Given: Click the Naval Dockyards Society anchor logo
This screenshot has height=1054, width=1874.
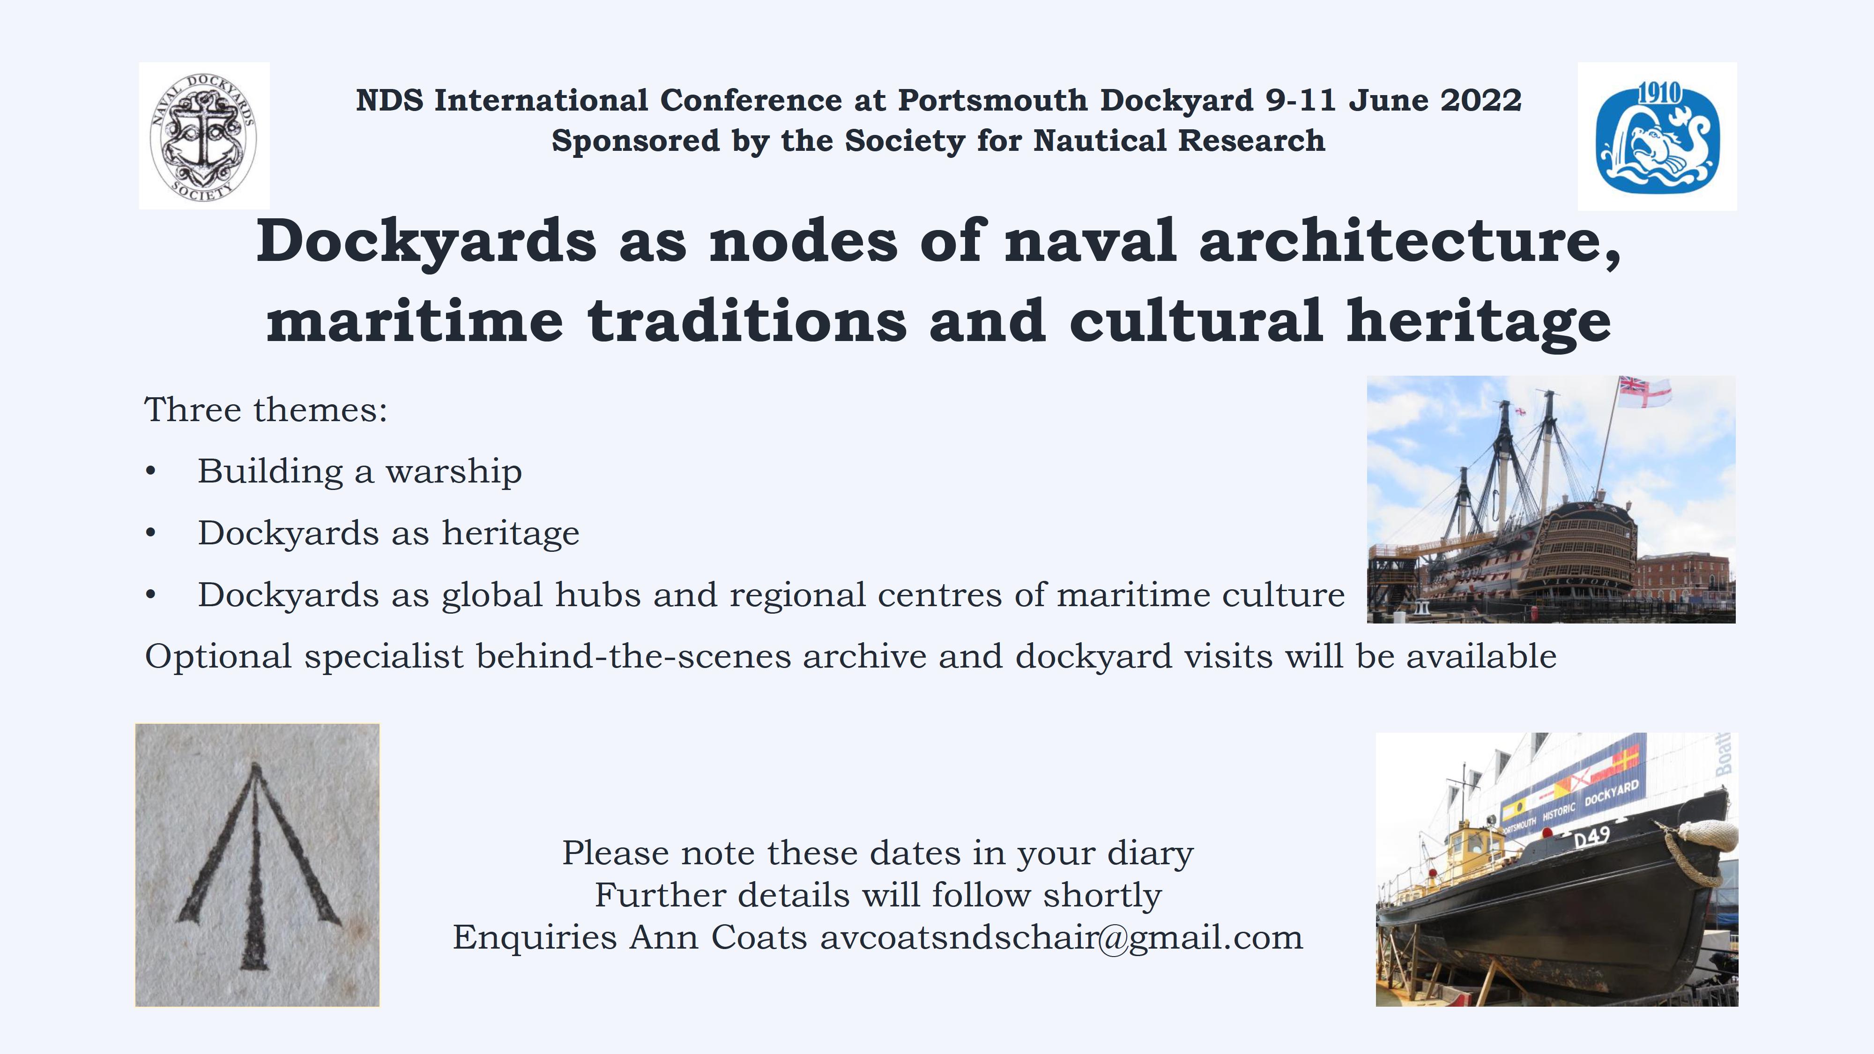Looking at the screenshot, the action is click(204, 136).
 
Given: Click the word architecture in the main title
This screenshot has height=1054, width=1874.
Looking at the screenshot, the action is click(1410, 241).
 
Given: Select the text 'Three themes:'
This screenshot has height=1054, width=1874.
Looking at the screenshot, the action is click(266, 409).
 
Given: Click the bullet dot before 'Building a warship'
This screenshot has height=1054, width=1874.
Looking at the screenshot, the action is click(150, 471).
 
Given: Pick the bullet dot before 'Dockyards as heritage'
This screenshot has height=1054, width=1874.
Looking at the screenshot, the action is click(150, 533).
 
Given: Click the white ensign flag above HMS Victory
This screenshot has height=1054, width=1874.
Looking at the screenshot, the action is click(1645, 392).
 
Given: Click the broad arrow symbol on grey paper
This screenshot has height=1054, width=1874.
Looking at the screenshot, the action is click(258, 866).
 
